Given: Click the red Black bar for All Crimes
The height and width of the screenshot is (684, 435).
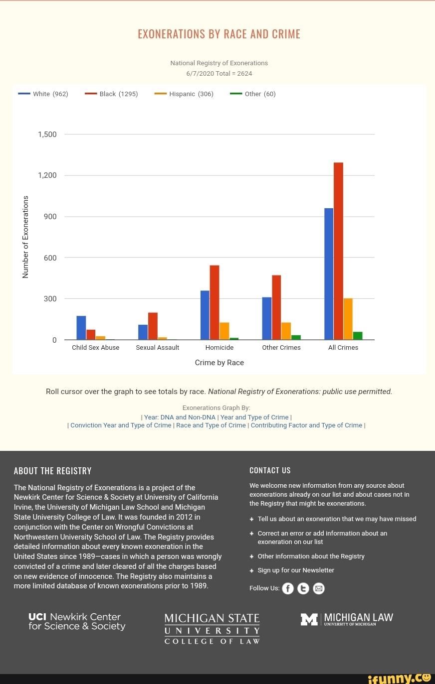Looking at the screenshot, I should [338, 251].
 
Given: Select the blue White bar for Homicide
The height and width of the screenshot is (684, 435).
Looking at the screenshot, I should [205, 315].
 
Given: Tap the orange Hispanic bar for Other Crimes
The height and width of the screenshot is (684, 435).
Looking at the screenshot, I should [286, 331].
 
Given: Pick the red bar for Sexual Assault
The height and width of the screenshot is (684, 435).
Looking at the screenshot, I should [153, 326].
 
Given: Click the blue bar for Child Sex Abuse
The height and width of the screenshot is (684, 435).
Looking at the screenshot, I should [81, 327].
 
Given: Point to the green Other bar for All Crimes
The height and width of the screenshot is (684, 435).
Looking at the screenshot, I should [358, 335].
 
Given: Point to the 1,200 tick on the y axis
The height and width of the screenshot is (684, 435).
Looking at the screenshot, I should [47, 175].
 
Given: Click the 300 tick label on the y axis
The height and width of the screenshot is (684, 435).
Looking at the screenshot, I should [51, 299].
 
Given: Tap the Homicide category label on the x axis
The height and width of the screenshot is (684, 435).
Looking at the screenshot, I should [219, 348].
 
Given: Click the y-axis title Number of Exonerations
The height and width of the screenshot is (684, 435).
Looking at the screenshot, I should [26, 237].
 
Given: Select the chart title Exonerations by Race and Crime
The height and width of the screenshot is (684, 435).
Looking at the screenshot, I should [219, 34].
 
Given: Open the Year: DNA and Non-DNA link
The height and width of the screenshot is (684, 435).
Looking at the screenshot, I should [180, 417].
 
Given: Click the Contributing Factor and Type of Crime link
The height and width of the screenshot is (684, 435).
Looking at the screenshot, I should [306, 425].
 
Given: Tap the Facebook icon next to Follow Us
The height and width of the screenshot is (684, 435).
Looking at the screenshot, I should [288, 588].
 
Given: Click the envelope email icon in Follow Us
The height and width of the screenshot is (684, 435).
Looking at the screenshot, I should [319, 588].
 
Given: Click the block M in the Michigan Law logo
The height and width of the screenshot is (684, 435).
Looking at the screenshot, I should [309, 619].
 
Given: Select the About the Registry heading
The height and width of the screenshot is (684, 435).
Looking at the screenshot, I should [53, 471].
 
